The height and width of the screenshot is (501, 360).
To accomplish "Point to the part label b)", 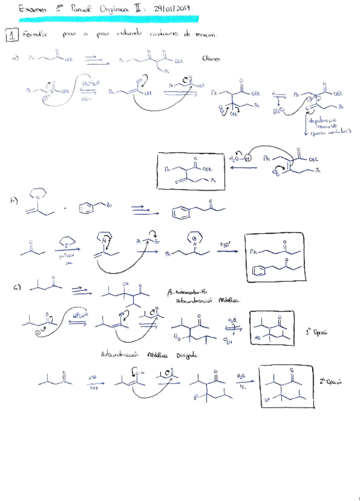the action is [15, 201].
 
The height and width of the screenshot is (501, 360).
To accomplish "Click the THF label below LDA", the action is [93, 388].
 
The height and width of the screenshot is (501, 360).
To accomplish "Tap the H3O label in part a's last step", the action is [235, 158].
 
